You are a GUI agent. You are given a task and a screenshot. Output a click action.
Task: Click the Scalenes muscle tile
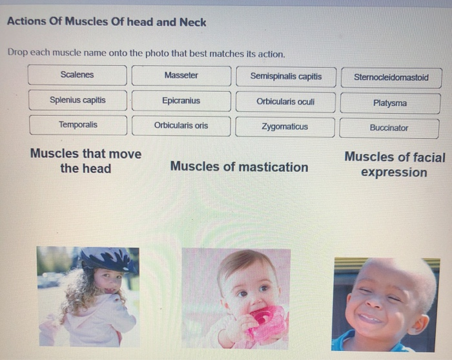[77, 75]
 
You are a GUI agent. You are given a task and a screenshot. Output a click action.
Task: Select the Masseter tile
[181, 76]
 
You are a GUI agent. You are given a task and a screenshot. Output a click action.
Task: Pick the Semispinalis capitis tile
[285, 76]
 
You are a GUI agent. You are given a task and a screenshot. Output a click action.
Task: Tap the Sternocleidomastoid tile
[391, 78]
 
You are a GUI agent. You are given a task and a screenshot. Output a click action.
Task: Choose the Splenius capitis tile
[77, 100]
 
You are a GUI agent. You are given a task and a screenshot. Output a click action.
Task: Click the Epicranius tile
[181, 101]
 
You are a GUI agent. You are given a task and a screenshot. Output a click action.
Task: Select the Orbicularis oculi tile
[285, 101]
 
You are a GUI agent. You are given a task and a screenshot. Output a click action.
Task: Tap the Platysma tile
[390, 103]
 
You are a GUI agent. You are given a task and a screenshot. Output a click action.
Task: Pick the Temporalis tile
[77, 125]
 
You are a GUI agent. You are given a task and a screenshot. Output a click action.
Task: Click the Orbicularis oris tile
[181, 125]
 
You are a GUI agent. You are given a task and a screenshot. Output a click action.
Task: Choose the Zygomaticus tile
[285, 127]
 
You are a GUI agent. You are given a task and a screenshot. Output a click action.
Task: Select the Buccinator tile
[389, 128]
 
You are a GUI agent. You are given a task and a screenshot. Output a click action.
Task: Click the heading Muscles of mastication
[239, 167]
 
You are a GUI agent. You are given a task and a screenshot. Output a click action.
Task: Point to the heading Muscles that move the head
[85, 161]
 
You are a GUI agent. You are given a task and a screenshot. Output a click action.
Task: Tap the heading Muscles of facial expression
[395, 164]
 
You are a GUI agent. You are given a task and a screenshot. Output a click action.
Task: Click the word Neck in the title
[192, 22]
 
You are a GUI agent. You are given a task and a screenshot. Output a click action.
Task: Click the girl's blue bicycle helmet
[107, 259]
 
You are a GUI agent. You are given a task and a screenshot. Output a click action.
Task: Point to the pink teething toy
[266, 321]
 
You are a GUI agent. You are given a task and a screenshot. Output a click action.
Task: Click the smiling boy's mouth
[371, 317]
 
